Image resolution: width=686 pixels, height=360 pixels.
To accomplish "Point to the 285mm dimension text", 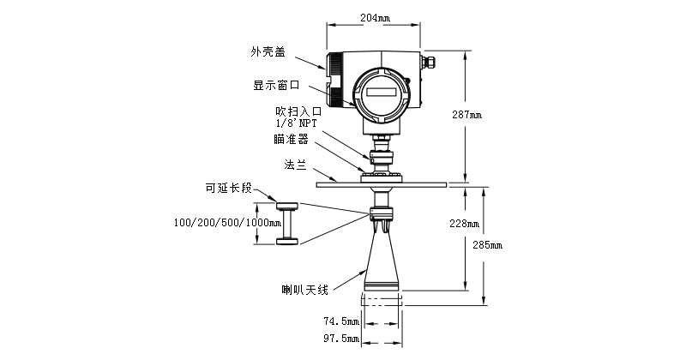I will point(488,245).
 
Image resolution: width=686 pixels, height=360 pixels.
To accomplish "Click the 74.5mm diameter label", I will point(340,321).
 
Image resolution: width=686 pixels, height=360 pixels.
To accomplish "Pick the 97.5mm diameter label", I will point(340,339).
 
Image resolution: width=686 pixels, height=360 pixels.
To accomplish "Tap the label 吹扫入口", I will point(298,111).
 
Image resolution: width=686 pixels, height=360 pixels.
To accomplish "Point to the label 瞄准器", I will point(291,139).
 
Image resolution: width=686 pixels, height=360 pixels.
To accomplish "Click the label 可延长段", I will point(228,188).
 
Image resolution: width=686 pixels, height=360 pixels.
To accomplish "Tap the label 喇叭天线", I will point(305,290).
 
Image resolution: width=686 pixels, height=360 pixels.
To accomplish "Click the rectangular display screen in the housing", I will point(382,90).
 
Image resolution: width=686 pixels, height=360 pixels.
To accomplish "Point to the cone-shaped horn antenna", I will point(382,266).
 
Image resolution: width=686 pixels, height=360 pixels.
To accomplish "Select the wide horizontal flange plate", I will point(382,183).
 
